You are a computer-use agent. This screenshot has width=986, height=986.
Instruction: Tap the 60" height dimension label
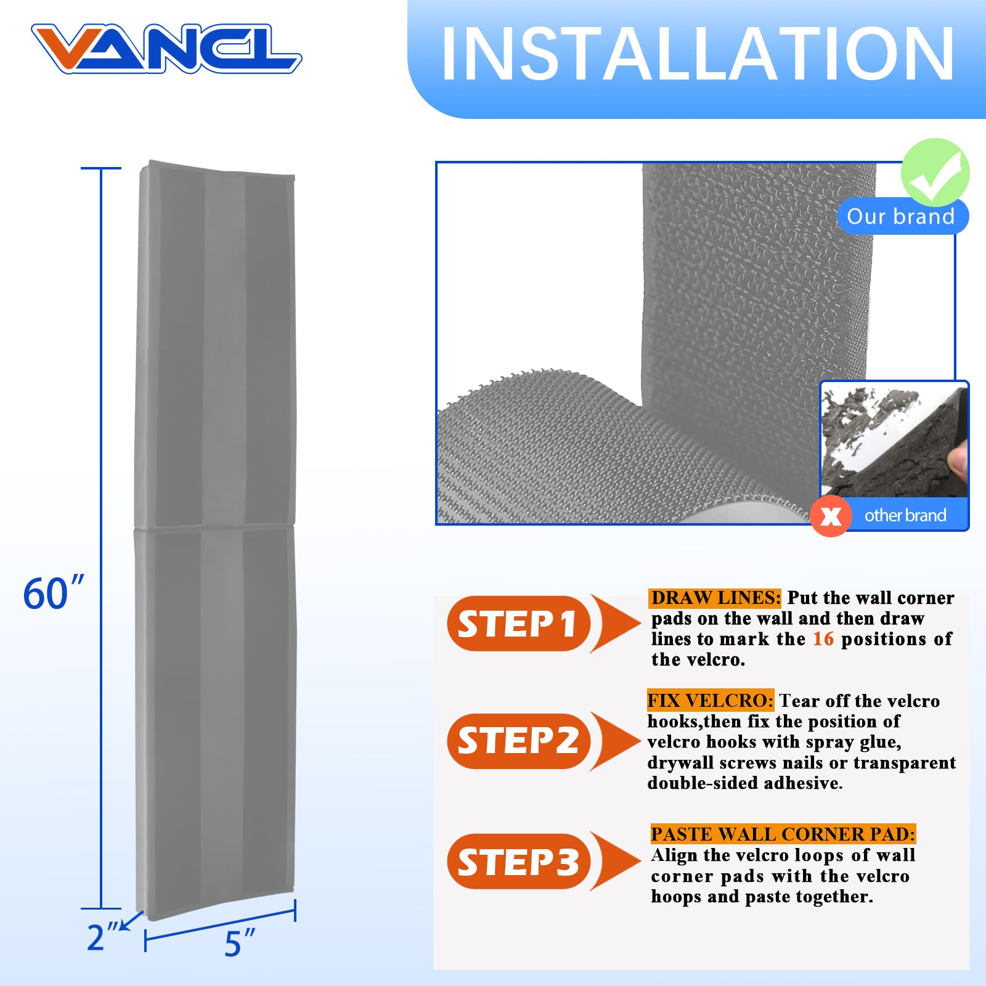tap(53, 594)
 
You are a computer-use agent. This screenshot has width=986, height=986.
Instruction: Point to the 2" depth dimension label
tap(102, 938)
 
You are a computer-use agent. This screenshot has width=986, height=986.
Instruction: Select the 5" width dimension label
tap(240, 943)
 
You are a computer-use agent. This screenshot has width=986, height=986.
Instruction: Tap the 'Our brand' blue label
tap(900, 217)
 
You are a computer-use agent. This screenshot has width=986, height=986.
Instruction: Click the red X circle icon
tap(831, 516)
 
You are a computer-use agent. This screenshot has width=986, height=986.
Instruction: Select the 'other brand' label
tap(905, 515)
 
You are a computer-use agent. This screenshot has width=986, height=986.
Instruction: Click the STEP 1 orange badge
tap(518, 624)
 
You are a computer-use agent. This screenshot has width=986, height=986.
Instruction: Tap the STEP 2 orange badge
tap(518, 741)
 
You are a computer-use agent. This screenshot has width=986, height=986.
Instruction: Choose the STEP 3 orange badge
tap(518, 862)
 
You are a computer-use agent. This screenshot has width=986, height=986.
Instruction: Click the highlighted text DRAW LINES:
tap(715, 598)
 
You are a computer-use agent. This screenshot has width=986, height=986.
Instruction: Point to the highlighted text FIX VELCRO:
tap(710, 701)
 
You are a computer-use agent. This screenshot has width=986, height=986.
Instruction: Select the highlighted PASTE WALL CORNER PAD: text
tap(783, 834)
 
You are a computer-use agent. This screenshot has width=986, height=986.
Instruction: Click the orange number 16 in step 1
tap(823, 639)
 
